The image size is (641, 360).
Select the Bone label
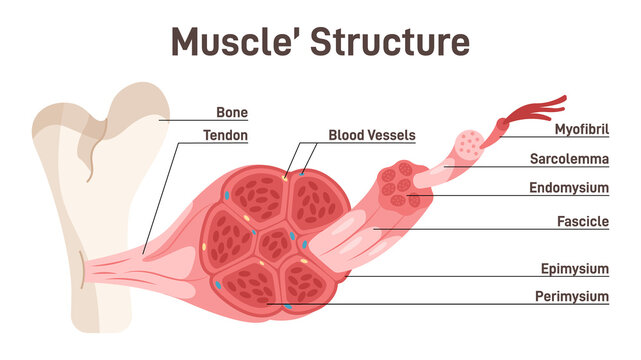[x=232, y=113]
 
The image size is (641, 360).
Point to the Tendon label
[x=225, y=135]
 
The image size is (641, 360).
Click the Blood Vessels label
[x=371, y=135]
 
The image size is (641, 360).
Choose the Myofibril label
[x=582, y=129]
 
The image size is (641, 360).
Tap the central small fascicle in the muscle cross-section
[x=270, y=243]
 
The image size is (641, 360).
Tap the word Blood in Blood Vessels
[x=346, y=135]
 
